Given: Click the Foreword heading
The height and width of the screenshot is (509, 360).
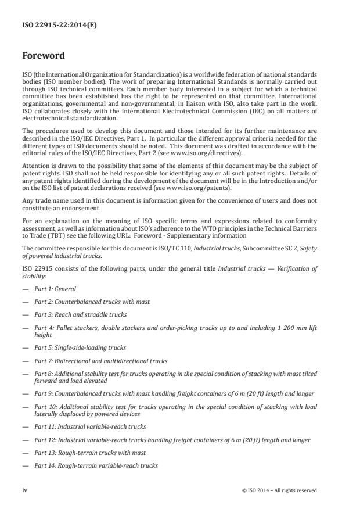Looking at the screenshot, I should click(x=44, y=56).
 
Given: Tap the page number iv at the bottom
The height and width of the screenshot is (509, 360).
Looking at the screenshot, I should click(x=25, y=490).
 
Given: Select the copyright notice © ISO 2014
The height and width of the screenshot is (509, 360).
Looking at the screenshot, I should click(x=279, y=490).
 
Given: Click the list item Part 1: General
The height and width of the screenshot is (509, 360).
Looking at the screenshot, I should click(x=55, y=289).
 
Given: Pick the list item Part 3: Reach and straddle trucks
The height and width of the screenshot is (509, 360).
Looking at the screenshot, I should click(x=80, y=314).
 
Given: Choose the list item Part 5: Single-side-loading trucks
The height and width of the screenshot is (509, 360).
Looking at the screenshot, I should click(x=80, y=347).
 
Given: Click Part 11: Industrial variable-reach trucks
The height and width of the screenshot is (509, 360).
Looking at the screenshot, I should click(x=90, y=426).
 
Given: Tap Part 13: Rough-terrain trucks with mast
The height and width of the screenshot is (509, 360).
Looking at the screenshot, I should click(x=90, y=452).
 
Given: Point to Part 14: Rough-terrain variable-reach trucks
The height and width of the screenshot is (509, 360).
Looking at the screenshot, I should click(x=96, y=465).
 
